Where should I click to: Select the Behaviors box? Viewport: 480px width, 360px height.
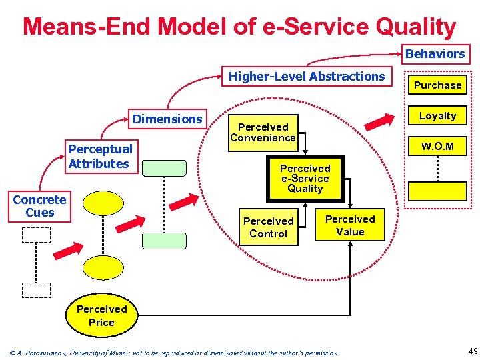(x=435, y=53)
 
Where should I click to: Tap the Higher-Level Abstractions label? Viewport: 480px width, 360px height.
(x=307, y=77)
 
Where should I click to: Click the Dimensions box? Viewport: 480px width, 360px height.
(x=167, y=119)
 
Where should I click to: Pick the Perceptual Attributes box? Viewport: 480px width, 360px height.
(x=100, y=156)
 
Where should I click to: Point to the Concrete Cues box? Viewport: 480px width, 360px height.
(x=39, y=206)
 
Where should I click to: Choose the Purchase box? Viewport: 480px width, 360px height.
(x=437, y=85)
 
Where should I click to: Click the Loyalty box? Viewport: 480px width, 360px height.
(x=437, y=116)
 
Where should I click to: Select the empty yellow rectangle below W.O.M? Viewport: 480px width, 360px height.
(x=437, y=191)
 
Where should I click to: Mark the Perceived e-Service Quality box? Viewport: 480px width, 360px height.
(x=305, y=179)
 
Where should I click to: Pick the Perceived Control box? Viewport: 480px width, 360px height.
(x=268, y=227)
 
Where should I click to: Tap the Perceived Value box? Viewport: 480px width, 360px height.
(x=350, y=225)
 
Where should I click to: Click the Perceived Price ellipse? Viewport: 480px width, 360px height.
(x=101, y=315)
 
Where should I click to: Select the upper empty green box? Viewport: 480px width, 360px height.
(x=164, y=168)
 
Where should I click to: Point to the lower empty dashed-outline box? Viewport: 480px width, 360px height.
(x=36, y=289)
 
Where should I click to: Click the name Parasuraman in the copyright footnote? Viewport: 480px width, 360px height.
(x=46, y=352)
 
